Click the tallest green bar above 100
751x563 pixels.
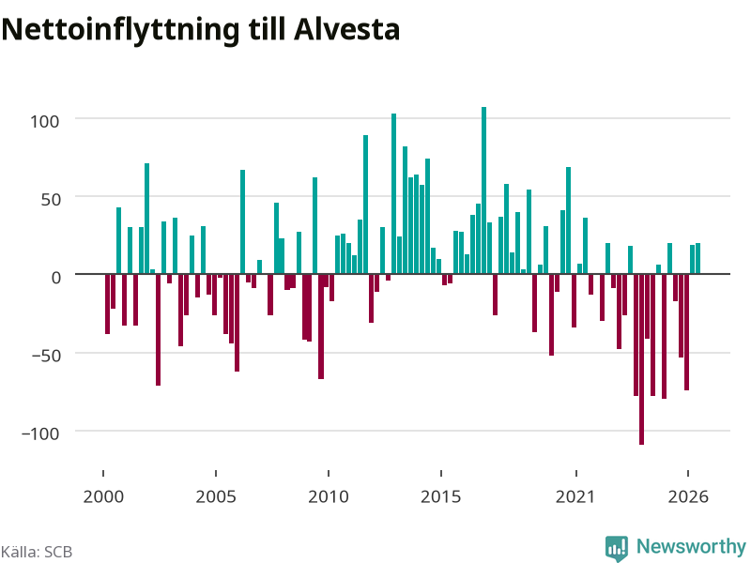(483, 190)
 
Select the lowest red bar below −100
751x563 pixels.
(641, 359)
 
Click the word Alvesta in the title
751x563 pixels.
(346, 30)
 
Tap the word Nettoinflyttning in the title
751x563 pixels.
(120, 31)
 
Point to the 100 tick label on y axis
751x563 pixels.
(45, 122)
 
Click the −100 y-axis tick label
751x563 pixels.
(40, 434)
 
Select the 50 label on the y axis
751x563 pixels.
(51, 200)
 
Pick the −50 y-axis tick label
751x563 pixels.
(46, 356)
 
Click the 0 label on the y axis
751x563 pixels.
(56, 278)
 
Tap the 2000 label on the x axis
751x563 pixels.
(103, 496)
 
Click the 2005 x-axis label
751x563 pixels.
(216, 496)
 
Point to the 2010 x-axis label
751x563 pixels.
(329, 496)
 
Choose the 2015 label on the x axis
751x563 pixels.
(441, 496)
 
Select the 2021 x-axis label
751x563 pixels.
(575, 496)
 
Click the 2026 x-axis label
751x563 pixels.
(688, 496)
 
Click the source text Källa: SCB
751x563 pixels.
(37, 552)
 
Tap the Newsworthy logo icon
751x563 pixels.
(617, 548)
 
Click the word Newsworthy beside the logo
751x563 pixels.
(691, 546)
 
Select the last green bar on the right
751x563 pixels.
(697, 259)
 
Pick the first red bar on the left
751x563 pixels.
(107, 304)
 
